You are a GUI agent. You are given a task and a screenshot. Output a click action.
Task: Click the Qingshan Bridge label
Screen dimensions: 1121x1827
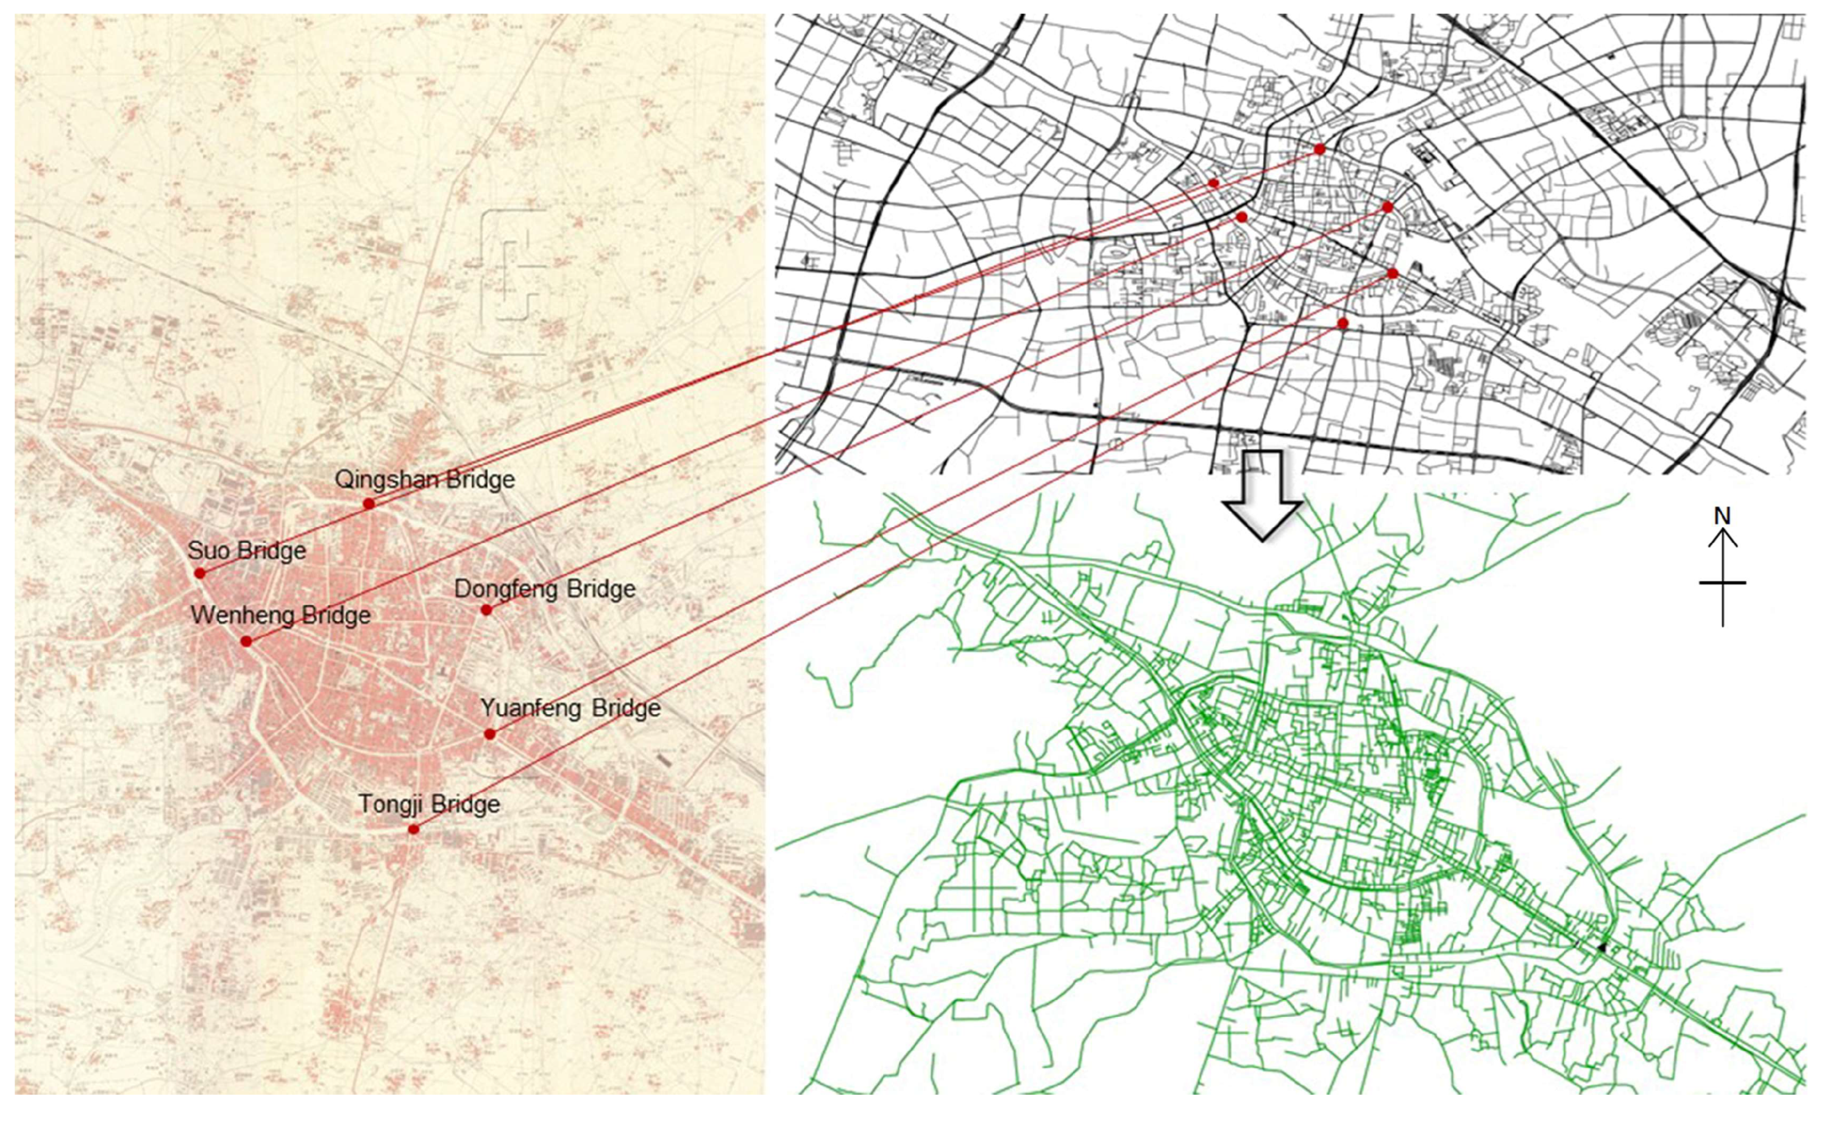(x=424, y=479)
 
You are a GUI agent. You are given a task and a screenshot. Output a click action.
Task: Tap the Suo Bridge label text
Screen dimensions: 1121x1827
(x=246, y=551)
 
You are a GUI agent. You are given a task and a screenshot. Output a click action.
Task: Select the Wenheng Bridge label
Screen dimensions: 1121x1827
(x=280, y=615)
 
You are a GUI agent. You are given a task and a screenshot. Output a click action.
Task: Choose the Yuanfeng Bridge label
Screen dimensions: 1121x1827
(x=570, y=708)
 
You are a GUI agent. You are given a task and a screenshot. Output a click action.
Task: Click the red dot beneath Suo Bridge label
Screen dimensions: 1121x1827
(x=199, y=573)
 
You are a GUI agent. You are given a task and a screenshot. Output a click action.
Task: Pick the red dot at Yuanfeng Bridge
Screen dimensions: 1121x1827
(x=490, y=734)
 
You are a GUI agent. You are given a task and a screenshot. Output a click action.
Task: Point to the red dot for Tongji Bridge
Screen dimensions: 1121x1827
(x=414, y=829)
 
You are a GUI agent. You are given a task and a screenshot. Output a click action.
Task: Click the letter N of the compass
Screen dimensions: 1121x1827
(x=1722, y=517)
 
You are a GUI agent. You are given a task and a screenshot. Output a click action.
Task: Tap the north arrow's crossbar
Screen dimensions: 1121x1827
(x=1722, y=583)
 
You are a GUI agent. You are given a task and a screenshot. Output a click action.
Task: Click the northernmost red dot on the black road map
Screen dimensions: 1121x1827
(x=1319, y=150)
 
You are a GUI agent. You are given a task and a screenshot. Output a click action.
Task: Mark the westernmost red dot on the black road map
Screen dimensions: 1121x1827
(x=1213, y=183)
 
